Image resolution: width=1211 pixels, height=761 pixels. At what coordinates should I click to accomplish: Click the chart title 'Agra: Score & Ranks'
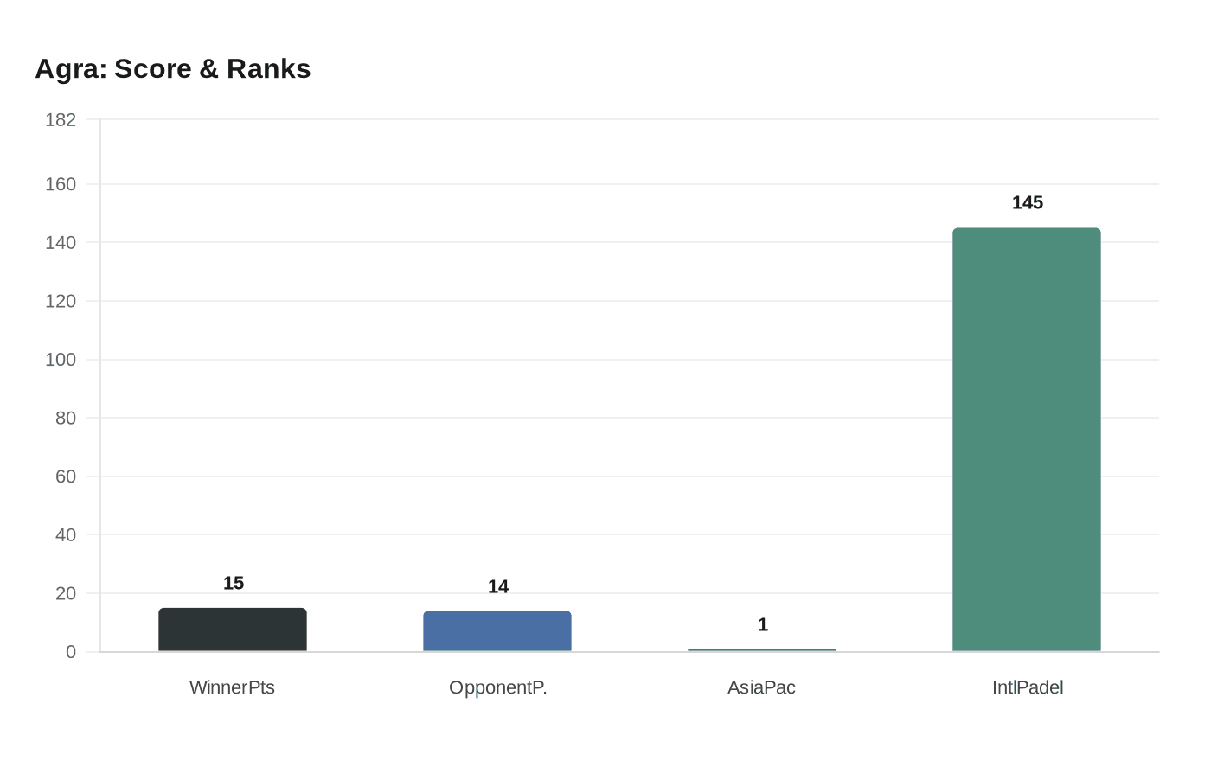click(x=173, y=69)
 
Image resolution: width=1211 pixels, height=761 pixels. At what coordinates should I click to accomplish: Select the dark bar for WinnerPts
click(x=233, y=630)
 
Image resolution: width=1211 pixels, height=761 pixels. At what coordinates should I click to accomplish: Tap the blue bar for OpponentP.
click(x=497, y=631)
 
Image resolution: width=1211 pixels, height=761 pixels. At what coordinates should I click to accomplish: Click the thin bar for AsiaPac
click(x=762, y=649)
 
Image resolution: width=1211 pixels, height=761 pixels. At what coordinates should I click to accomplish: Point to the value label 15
click(x=234, y=584)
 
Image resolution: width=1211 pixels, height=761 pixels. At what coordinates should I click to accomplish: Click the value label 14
click(x=498, y=587)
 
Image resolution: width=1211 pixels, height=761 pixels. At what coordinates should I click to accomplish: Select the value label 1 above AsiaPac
click(x=763, y=625)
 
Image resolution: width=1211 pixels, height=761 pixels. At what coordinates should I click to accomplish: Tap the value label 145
click(x=1028, y=203)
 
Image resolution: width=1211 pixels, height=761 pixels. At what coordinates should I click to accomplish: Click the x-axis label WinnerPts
click(x=232, y=688)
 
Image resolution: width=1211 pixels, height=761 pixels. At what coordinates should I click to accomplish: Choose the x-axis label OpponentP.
click(x=497, y=688)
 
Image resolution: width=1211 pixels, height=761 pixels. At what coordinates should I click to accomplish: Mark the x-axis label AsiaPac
click(x=761, y=688)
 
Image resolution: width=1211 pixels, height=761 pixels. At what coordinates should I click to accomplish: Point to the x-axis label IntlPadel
click(x=1028, y=688)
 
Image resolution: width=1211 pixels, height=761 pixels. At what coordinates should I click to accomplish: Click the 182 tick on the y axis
click(x=61, y=120)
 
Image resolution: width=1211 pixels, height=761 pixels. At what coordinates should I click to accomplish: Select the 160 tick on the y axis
click(x=61, y=184)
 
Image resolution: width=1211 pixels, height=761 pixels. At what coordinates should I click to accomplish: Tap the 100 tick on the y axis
click(x=61, y=360)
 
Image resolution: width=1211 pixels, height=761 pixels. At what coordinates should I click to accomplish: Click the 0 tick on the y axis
click(x=71, y=652)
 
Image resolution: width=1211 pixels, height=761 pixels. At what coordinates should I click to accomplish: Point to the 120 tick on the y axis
click(x=61, y=301)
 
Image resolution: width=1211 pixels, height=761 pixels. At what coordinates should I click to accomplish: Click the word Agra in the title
click(x=70, y=69)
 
